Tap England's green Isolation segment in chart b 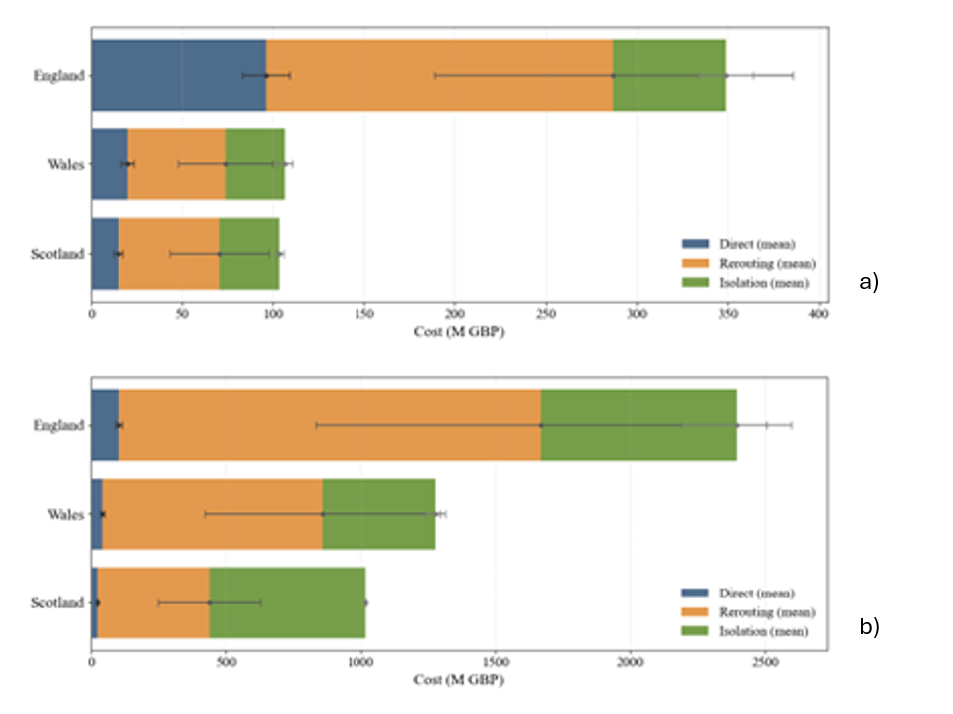tap(637, 408)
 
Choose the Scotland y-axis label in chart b tap(59, 603)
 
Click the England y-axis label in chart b tap(60, 425)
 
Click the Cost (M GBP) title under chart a tap(458, 332)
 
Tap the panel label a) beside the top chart tap(869, 282)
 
